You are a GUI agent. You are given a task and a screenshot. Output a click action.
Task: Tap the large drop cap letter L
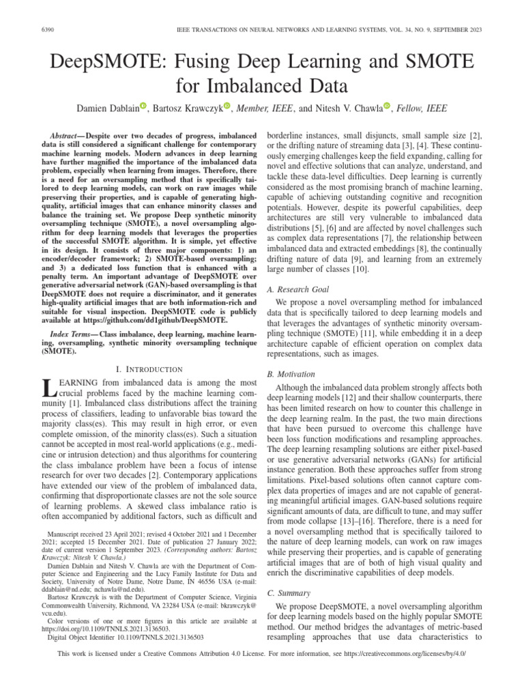pyautogui.click(x=48, y=390)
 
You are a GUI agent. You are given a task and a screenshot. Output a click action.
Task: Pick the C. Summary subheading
pyautogui.click(x=289, y=593)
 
